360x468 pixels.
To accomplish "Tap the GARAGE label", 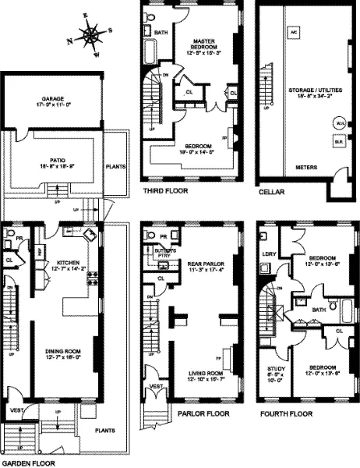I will (x=52, y=99).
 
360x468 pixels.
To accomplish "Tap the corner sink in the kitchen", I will (x=90, y=236).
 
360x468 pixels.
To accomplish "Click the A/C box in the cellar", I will (x=294, y=33).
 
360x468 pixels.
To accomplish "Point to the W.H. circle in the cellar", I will (x=339, y=123).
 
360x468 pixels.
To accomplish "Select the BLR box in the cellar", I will (x=339, y=142).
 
